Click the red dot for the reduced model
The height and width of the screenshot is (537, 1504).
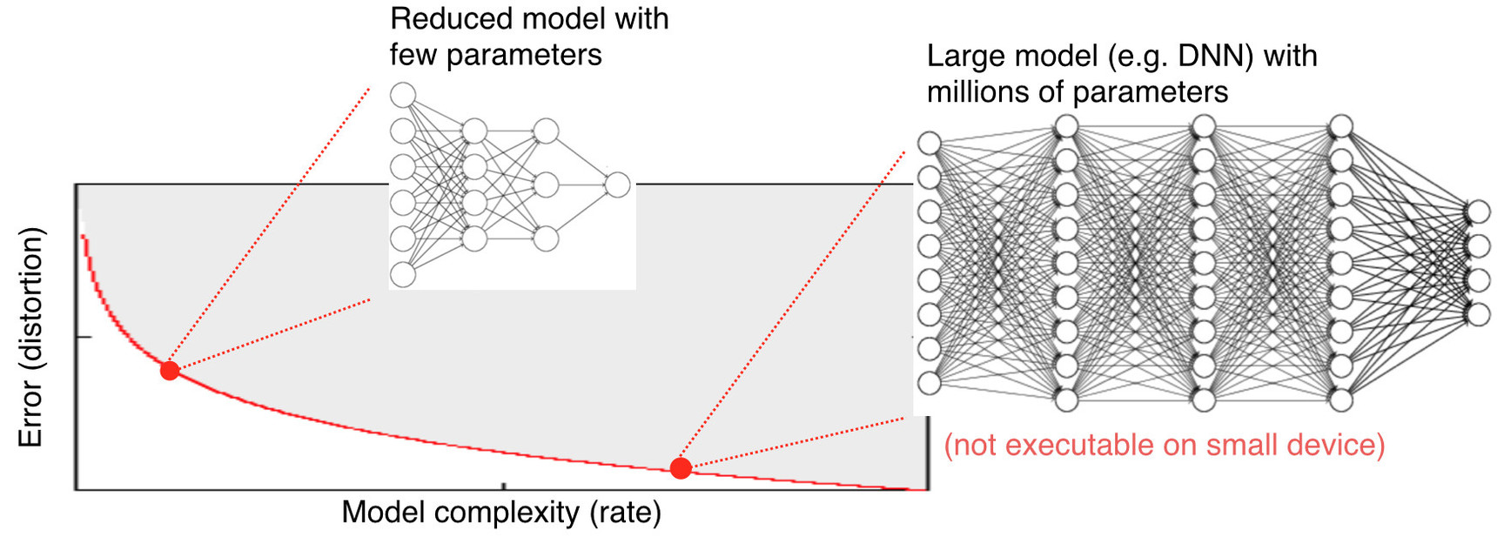(x=170, y=371)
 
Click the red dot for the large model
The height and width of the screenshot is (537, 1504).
(x=681, y=468)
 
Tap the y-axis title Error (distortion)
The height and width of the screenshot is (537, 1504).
(x=30, y=337)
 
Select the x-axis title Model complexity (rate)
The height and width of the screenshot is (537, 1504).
(x=500, y=513)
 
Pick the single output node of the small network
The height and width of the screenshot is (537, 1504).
(x=617, y=185)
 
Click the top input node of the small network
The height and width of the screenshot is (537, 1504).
(x=402, y=94)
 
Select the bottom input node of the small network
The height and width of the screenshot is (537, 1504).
(x=402, y=275)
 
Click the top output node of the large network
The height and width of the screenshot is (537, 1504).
(x=1478, y=211)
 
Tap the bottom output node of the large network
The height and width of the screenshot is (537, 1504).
(x=1478, y=314)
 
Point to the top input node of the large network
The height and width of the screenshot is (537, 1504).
(x=930, y=144)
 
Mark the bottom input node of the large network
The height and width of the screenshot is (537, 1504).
(x=930, y=383)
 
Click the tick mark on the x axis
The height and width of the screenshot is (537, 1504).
(x=504, y=486)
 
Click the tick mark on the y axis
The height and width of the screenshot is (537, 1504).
(x=84, y=337)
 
